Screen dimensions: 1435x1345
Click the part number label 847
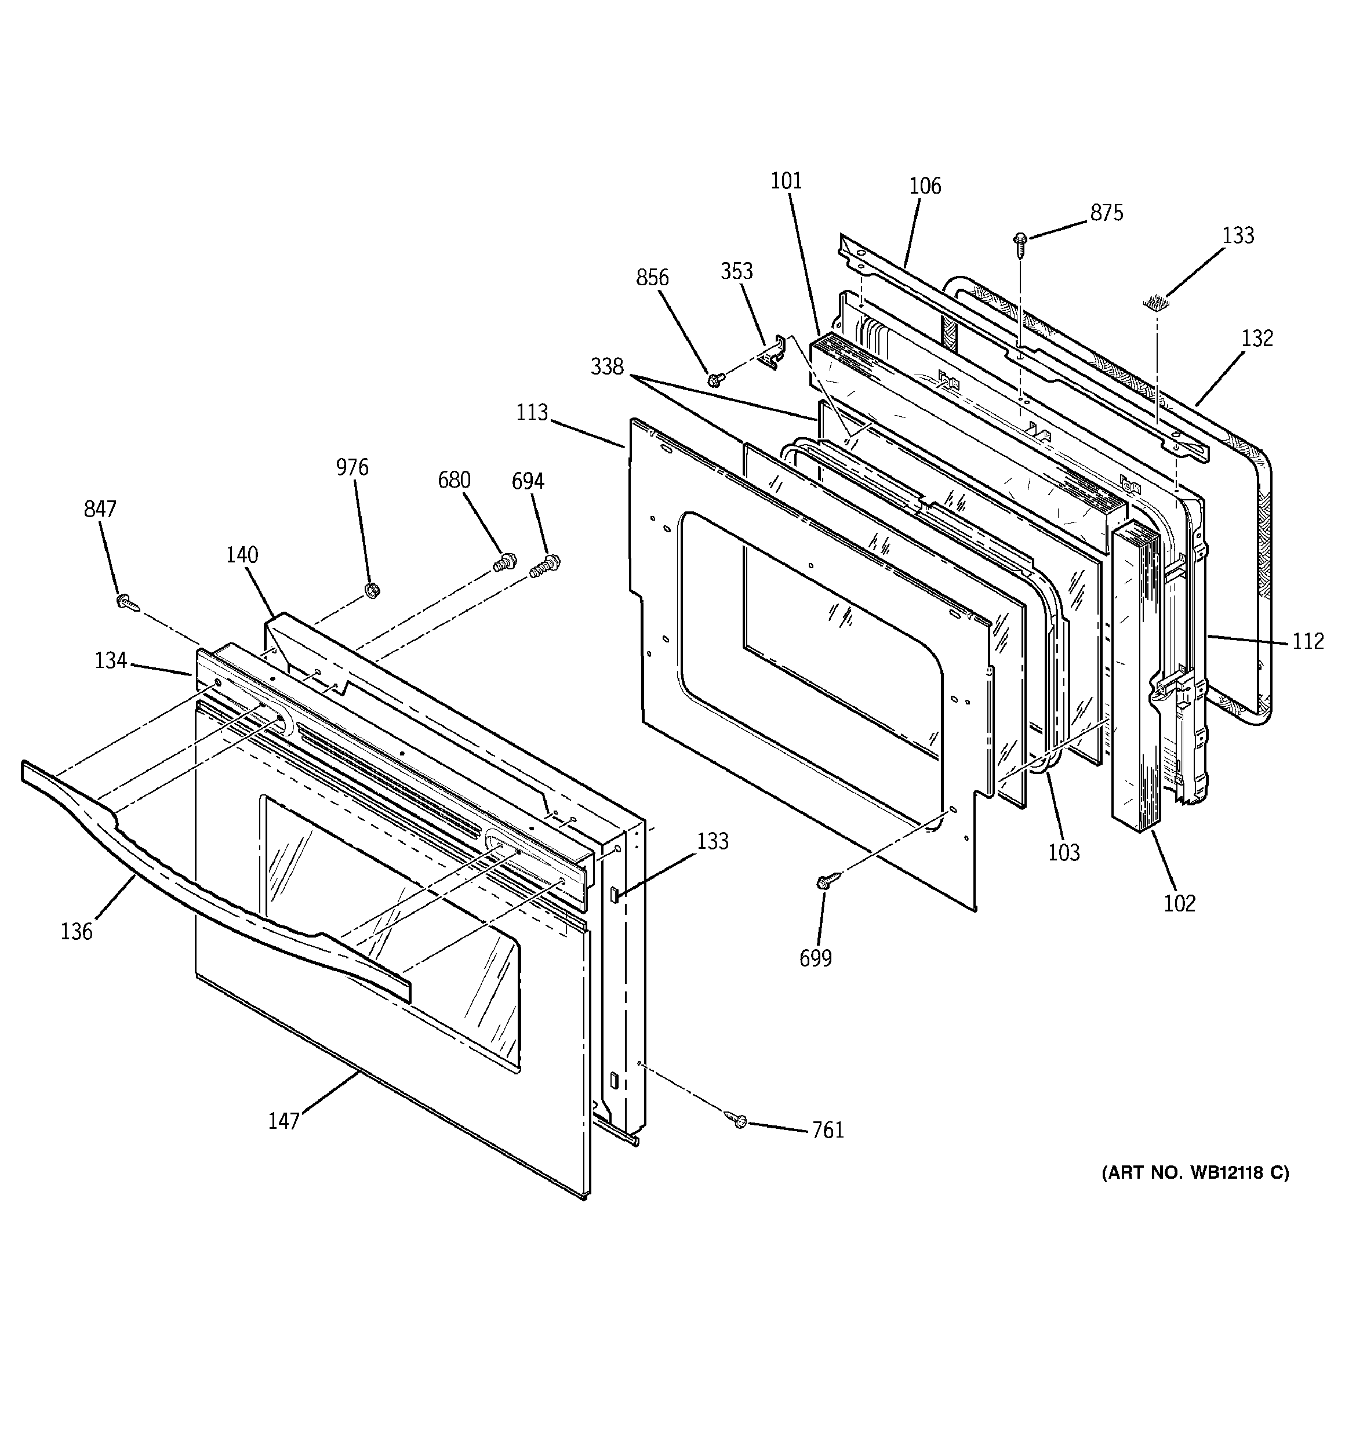100,509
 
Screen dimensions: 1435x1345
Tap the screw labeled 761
738,1120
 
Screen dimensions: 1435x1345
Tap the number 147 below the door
283,1120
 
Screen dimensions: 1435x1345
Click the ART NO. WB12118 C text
1194,1172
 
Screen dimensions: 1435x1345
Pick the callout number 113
532,412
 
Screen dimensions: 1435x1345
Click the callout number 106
925,186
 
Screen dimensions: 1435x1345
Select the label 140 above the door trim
242,554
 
